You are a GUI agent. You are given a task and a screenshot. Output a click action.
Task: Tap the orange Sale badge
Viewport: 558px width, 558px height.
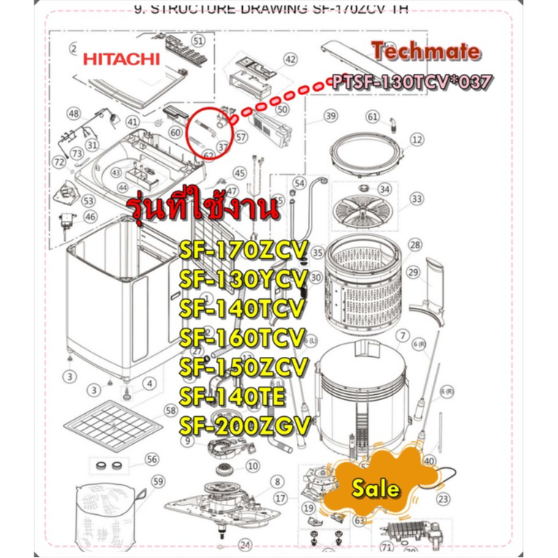pyautogui.click(x=374, y=488)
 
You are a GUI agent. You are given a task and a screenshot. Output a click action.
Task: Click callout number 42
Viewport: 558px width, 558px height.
pyautogui.click(x=290, y=59)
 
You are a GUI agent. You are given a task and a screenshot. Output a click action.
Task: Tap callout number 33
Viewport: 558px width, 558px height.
pyautogui.click(x=417, y=199)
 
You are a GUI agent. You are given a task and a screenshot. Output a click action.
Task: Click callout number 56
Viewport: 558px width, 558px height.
pyautogui.click(x=151, y=459)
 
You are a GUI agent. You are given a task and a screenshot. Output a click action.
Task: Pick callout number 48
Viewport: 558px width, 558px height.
pyautogui.click(x=73, y=113)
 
